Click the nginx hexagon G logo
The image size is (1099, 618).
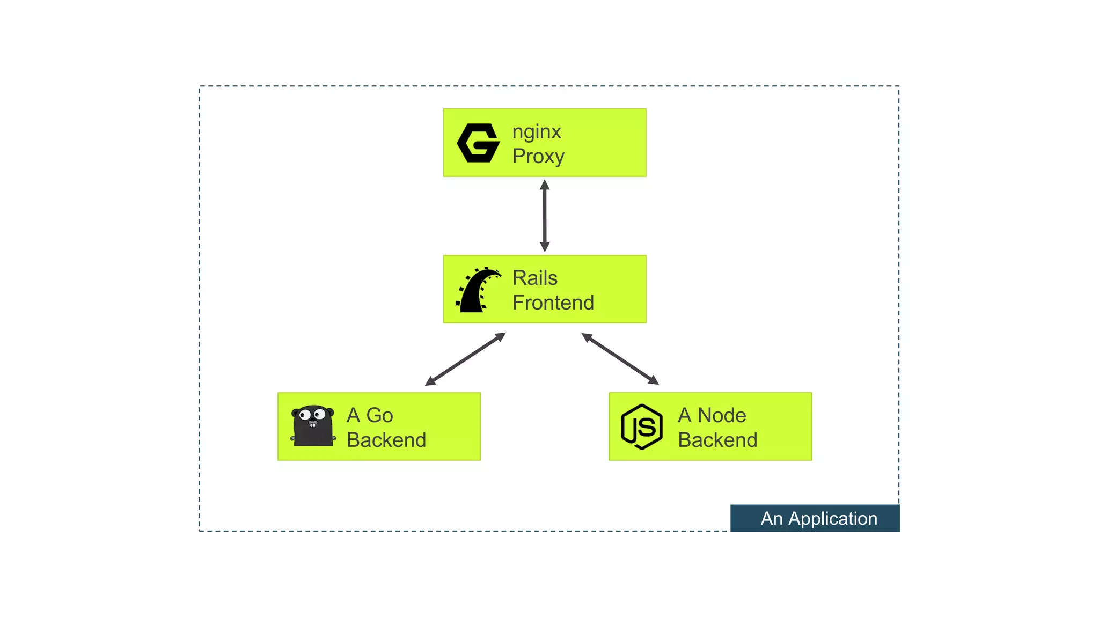point(478,143)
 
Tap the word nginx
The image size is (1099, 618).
point(536,131)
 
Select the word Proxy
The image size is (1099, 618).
point(538,156)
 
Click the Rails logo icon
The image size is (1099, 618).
point(478,290)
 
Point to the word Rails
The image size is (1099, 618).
point(534,278)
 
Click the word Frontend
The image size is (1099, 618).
point(553,303)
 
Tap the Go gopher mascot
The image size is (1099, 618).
point(313,426)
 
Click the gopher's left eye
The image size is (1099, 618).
point(305,415)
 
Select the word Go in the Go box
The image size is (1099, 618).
point(379,415)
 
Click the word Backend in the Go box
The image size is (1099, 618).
point(386,440)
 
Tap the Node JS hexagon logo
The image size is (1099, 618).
point(641,426)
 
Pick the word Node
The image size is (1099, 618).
point(721,415)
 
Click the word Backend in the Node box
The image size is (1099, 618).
point(717,440)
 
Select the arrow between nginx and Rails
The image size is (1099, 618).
point(545,216)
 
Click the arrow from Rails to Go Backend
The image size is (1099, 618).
point(465,359)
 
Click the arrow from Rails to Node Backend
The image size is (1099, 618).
point(620,358)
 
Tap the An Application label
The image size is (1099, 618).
point(815,518)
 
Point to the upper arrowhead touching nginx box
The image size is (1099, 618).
point(545,185)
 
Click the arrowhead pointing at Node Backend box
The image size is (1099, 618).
point(654,380)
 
